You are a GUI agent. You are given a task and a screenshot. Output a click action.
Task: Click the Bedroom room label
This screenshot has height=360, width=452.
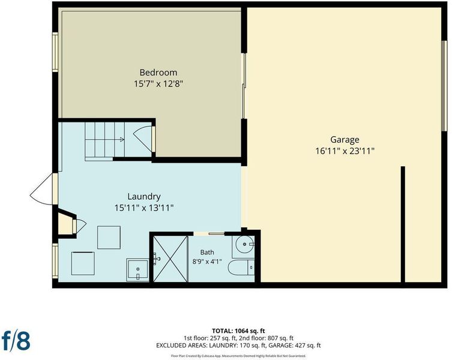click(x=158, y=73)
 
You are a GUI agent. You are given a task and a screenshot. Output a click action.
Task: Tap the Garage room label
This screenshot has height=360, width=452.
click(x=345, y=140)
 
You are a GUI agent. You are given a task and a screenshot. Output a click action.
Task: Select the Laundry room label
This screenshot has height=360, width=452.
click(x=144, y=197)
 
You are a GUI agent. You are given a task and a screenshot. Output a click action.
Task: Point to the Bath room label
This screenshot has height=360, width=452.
click(x=207, y=252)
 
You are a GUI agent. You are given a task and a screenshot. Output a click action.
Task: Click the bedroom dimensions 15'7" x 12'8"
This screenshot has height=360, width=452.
click(x=158, y=84)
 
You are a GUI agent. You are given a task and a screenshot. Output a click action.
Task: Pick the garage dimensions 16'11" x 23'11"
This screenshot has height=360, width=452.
click(x=345, y=151)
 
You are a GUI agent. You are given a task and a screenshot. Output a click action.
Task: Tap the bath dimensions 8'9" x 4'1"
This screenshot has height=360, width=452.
click(x=207, y=262)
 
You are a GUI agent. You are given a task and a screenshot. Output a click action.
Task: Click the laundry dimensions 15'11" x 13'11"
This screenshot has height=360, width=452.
click(x=144, y=208)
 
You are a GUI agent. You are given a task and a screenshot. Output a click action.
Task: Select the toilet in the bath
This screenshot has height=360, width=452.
click(x=241, y=268)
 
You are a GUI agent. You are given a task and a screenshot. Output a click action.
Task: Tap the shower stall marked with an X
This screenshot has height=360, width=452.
click(x=170, y=259)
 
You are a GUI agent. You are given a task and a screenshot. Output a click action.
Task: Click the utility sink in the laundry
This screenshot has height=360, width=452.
click(x=137, y=270)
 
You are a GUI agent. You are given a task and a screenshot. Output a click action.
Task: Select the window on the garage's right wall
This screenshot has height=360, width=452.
click(x=444, y=86)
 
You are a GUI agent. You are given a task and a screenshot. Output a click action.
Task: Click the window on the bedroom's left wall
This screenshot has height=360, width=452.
click(x=55, y=52)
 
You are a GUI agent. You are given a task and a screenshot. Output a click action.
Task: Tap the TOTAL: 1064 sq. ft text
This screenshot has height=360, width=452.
click(x=238, y=331)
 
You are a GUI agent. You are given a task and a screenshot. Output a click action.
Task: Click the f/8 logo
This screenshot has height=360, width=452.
click(x=16, y=341)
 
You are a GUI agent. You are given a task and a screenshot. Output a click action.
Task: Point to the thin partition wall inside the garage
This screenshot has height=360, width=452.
click(x=403, y=224)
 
